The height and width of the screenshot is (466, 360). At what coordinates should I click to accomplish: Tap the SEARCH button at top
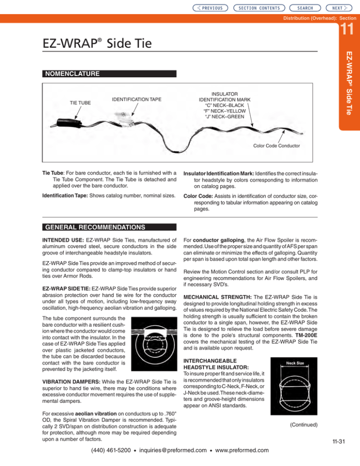click(308, 8)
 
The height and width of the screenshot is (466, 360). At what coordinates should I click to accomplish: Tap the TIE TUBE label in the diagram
click(78, 102)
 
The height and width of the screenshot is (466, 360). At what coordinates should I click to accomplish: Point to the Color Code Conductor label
click(276, 145)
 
